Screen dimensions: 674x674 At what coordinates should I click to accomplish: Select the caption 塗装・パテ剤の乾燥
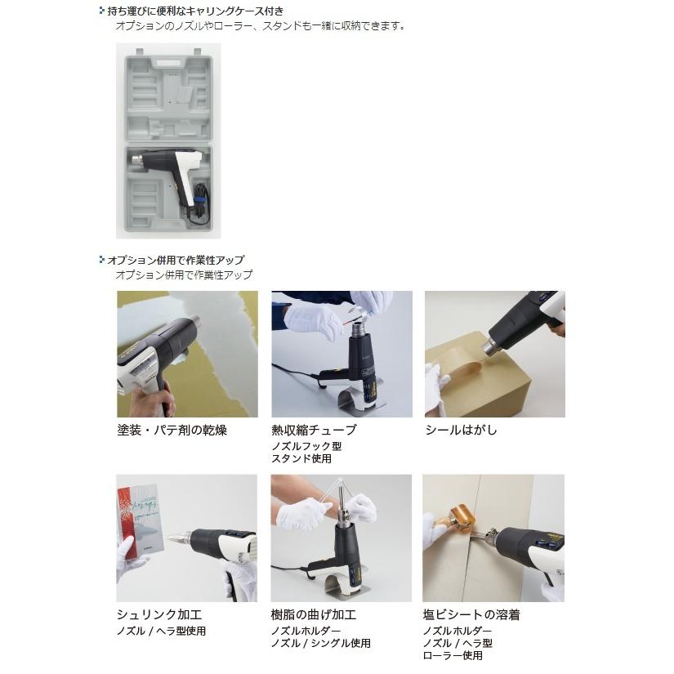171,430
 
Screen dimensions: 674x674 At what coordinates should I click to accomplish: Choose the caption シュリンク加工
158,614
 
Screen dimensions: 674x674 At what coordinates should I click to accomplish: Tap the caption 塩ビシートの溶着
471,614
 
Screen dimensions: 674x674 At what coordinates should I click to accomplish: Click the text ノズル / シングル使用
320,643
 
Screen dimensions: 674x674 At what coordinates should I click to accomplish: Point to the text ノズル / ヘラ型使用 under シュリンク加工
161,631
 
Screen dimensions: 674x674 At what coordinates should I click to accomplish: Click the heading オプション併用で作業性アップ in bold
176,260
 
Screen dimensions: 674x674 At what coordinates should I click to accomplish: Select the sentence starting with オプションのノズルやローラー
260,26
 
